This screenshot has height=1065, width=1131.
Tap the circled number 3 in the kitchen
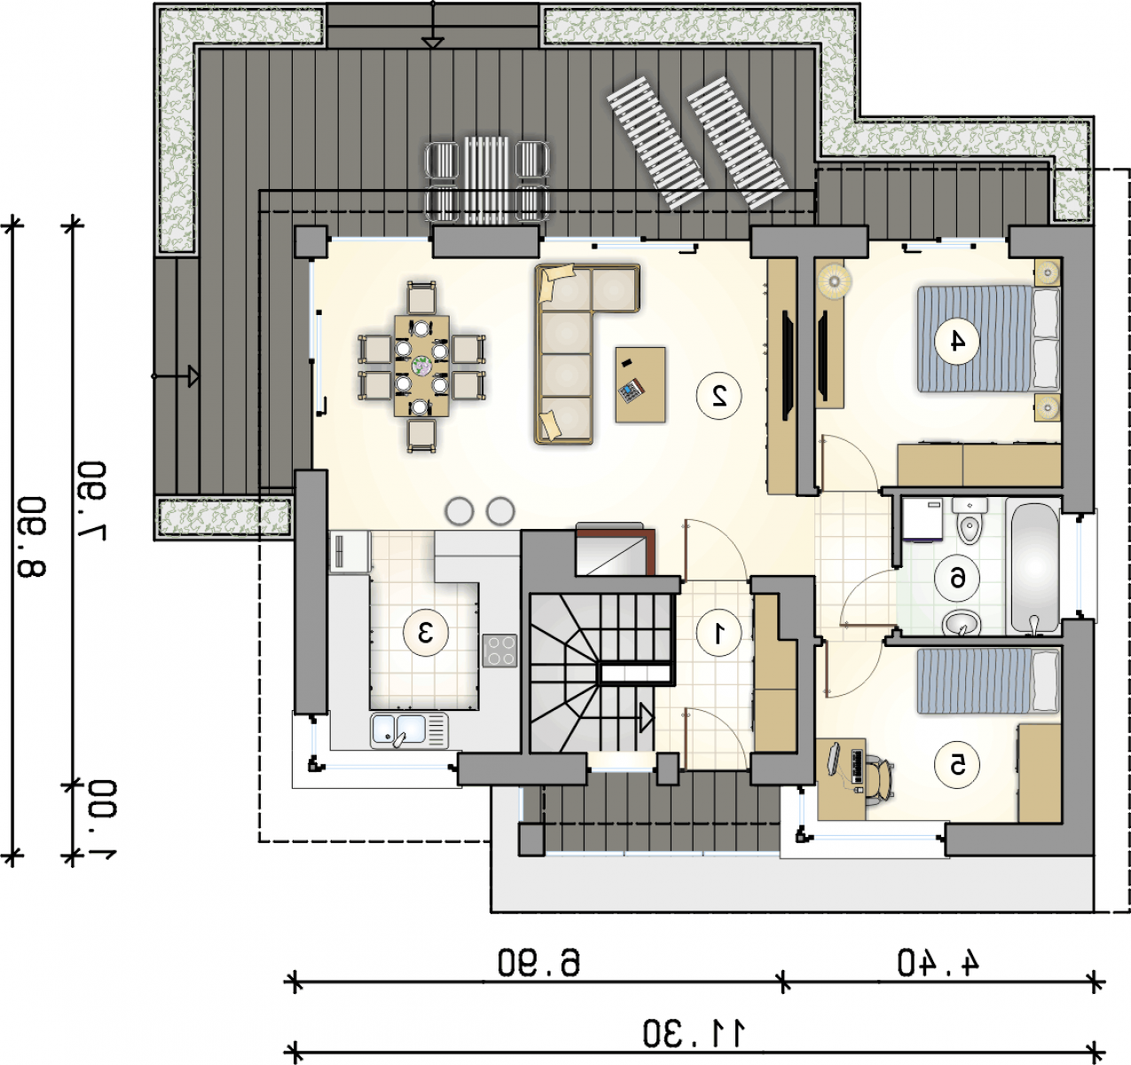[x=426, y=633]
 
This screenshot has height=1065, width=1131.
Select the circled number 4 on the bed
[x=957, y=342]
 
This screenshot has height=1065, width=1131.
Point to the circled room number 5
[x=957, y=765]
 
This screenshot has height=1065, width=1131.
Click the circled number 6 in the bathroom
[x=957, y=579]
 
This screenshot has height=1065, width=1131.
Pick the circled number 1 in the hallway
[x=719, y=633]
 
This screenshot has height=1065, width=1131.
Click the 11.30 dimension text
[x=695, y=1033]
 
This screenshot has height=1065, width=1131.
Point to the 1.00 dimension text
[x=103, y=820]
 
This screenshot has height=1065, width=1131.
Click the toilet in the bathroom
[x=969, y=521]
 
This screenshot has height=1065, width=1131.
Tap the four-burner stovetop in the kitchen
[x=500, y=651]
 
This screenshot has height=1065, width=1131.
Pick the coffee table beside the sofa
[x=640, y=384]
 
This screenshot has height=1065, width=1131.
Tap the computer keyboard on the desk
[x=857, y=767]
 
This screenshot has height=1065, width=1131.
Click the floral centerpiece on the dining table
[x=422, y=366]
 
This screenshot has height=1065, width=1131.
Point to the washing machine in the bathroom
[x=923, y=519]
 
